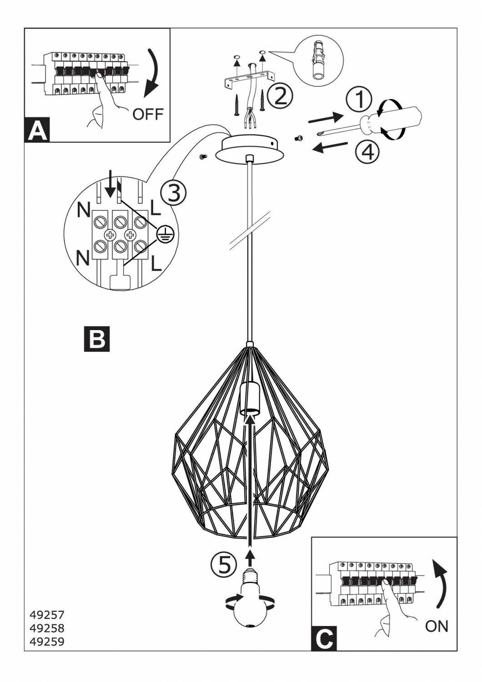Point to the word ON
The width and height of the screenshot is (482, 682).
436,627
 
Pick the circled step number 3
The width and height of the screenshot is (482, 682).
173,193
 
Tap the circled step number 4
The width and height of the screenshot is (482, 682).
367,151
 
